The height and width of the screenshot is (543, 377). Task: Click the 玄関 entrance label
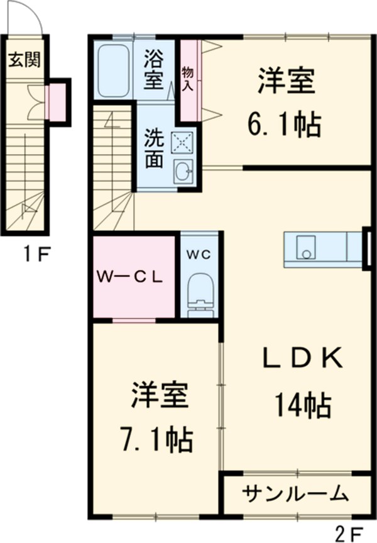click(25, 60)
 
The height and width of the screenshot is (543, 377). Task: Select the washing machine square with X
click(182, 143)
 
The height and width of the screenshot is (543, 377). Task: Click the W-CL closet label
click(130, 276)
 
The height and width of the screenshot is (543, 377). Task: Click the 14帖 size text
click(302, 405)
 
